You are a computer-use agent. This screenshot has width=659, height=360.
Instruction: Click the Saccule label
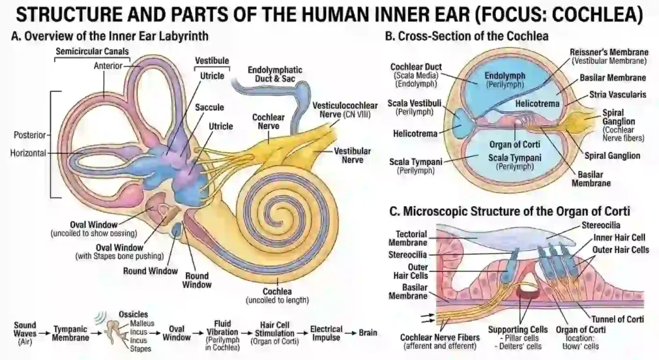[x=210, y=107]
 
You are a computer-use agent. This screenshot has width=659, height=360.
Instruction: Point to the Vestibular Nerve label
[x=352, y=155]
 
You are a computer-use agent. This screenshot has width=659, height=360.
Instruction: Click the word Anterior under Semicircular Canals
[x=107, y=66]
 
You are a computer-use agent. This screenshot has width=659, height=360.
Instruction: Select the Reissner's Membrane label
[x=608, y=56]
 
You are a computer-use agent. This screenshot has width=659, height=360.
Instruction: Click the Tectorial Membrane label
[x=407, y=238]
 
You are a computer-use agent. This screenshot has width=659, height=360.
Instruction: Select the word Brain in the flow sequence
[x=368, y=333]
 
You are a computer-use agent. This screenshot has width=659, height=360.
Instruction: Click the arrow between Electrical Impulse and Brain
[x=350, y=333]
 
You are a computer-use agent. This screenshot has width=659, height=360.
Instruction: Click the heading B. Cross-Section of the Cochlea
[x=467, y=37]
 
